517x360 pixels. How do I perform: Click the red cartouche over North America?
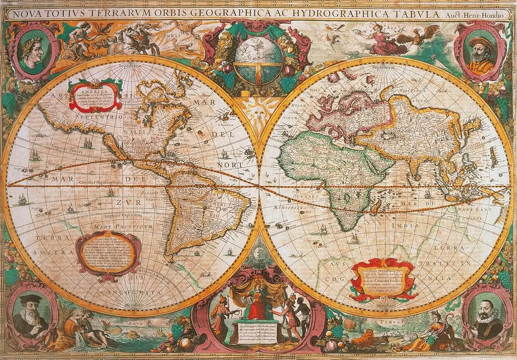(x=96, y=95)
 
